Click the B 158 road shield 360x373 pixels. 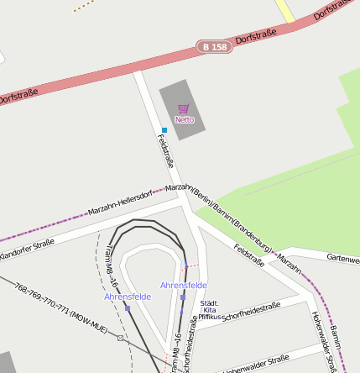point(215,47)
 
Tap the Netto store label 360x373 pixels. point(185,120)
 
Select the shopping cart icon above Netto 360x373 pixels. point(184,108)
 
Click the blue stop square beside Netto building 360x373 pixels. point(164,130)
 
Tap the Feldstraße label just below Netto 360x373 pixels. point(165,151)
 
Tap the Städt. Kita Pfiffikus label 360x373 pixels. point(211,310)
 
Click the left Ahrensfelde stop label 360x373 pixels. point(128,297)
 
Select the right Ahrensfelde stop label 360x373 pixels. point(184,286)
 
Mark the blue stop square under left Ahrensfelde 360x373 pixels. point(128,307)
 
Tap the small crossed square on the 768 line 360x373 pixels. point(122,338)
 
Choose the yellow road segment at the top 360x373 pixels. point(284,11)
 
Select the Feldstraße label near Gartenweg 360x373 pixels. point(249,255)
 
